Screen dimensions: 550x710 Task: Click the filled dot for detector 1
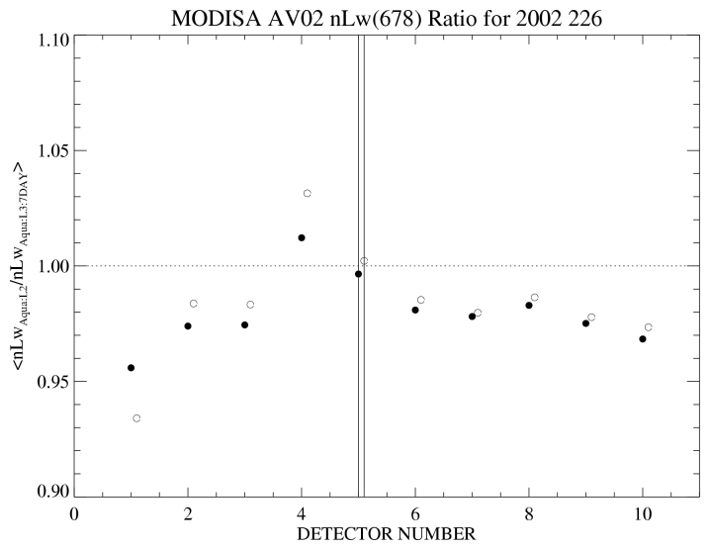pos(131,368)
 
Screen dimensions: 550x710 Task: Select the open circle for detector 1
pos(136,418)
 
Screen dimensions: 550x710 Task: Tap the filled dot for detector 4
pos(302,237)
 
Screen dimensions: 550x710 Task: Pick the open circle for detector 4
pos(308,193)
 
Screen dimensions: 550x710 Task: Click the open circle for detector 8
pos(535,298)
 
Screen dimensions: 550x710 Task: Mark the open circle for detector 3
pos(250,305)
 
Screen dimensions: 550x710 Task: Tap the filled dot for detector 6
pos(415,311)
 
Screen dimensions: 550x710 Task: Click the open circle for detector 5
pos(364,261)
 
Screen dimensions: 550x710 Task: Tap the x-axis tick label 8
pos(529,515)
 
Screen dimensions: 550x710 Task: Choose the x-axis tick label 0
pos(74,515)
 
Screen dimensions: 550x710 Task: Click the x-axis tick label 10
pos(643,515)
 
